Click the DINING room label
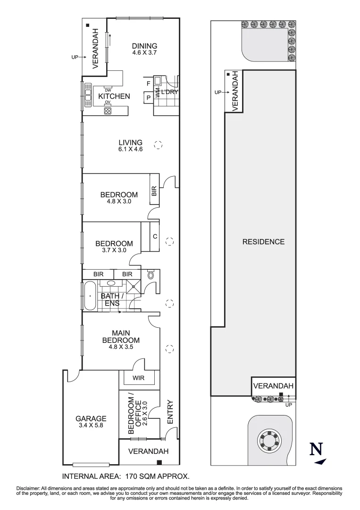click(x=144, y=46)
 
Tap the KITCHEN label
click(x=114, y=96)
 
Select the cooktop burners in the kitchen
click(x=108, y=110)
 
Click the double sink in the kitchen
click(x=88, y=94)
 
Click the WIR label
click(x=138, y=378)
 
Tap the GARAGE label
click(x=91, y=418)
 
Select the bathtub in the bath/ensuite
click(x=90, y=296)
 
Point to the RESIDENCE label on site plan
click(x=263, y=242)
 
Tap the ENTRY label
click(x=170, y=412)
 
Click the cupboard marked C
click(x=155, y=237)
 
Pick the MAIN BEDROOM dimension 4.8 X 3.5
click(x=121, y=347)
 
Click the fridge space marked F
click(x=149, y=84)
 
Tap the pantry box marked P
click(x=149, y=98)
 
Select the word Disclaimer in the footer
click(x=28, y=488)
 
